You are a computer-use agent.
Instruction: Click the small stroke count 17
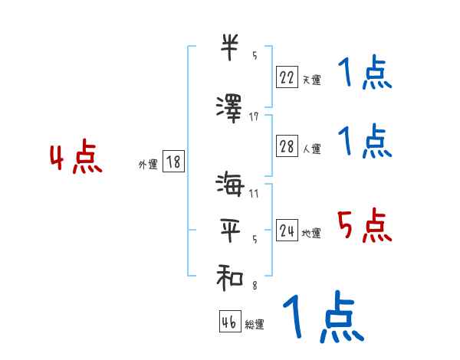[x=254, y=116]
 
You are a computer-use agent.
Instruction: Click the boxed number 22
[x=287, y=77]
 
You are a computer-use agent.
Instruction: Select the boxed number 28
[x=287, y=147]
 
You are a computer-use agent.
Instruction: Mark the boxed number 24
[x=287, y=231]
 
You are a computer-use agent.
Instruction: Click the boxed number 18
[x=172, y=162]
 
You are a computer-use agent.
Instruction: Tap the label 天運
[x=311, y=80]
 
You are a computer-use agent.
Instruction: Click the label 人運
[x=311, y=149]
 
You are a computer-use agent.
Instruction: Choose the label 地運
[x=311, y=234]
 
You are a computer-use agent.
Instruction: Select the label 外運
[x=148, y=164]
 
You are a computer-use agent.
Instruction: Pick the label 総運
[x=255, y=324]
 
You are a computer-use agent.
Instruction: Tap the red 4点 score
[x=75, y=159]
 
